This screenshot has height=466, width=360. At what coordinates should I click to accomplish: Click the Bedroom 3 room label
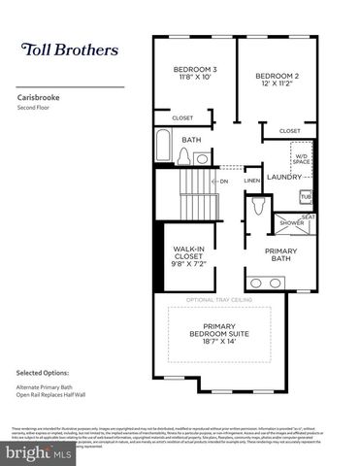pyautogui.click(x=195, y=74)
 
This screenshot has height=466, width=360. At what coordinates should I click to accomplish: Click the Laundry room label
pyautogui.click(x=284, y=177)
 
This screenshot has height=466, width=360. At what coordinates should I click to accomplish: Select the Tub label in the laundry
pyautogui.click(x=306, y=195)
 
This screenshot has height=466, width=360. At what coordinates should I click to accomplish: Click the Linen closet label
pyautogui.click(x=251, y=181)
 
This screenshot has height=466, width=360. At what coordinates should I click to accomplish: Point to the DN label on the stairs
pyautogui.click(x=223, y=182)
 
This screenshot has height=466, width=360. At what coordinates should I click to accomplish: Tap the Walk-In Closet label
pyautogui.click(x=189, y=256)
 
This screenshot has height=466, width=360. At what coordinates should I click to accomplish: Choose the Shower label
pyautogui.click(x=292, y=222)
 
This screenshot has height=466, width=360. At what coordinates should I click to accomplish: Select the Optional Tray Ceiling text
pyautogui.click(x=226, y=300)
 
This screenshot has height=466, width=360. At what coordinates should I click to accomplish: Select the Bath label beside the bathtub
pyautogui.click(x=191, y=140)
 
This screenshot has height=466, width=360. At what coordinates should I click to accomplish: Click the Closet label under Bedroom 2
pyautogui.click(x=289, y=131)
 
